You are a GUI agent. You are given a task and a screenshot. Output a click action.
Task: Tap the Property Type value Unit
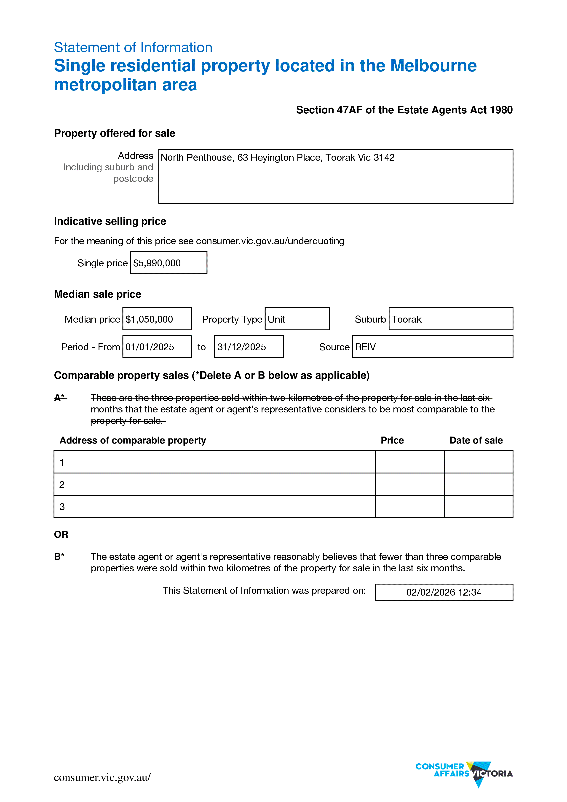pos(276,319)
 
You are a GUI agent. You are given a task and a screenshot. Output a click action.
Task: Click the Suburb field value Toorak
pos(407,319)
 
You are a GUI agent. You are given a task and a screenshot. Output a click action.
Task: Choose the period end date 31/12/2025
pos(241,347)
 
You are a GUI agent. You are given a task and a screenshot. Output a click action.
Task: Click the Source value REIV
pos(365,347)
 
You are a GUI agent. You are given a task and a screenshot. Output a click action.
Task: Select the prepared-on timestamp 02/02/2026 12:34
pos(444,592)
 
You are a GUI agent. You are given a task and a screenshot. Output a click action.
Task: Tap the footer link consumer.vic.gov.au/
pos(102,778)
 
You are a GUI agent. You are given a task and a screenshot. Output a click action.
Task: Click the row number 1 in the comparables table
pos(62,462)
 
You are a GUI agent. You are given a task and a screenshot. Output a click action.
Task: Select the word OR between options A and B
pos(61,535)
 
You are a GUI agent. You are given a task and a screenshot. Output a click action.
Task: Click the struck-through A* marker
pos(60,398)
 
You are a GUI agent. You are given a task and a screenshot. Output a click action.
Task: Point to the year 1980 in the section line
pos(501,110)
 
